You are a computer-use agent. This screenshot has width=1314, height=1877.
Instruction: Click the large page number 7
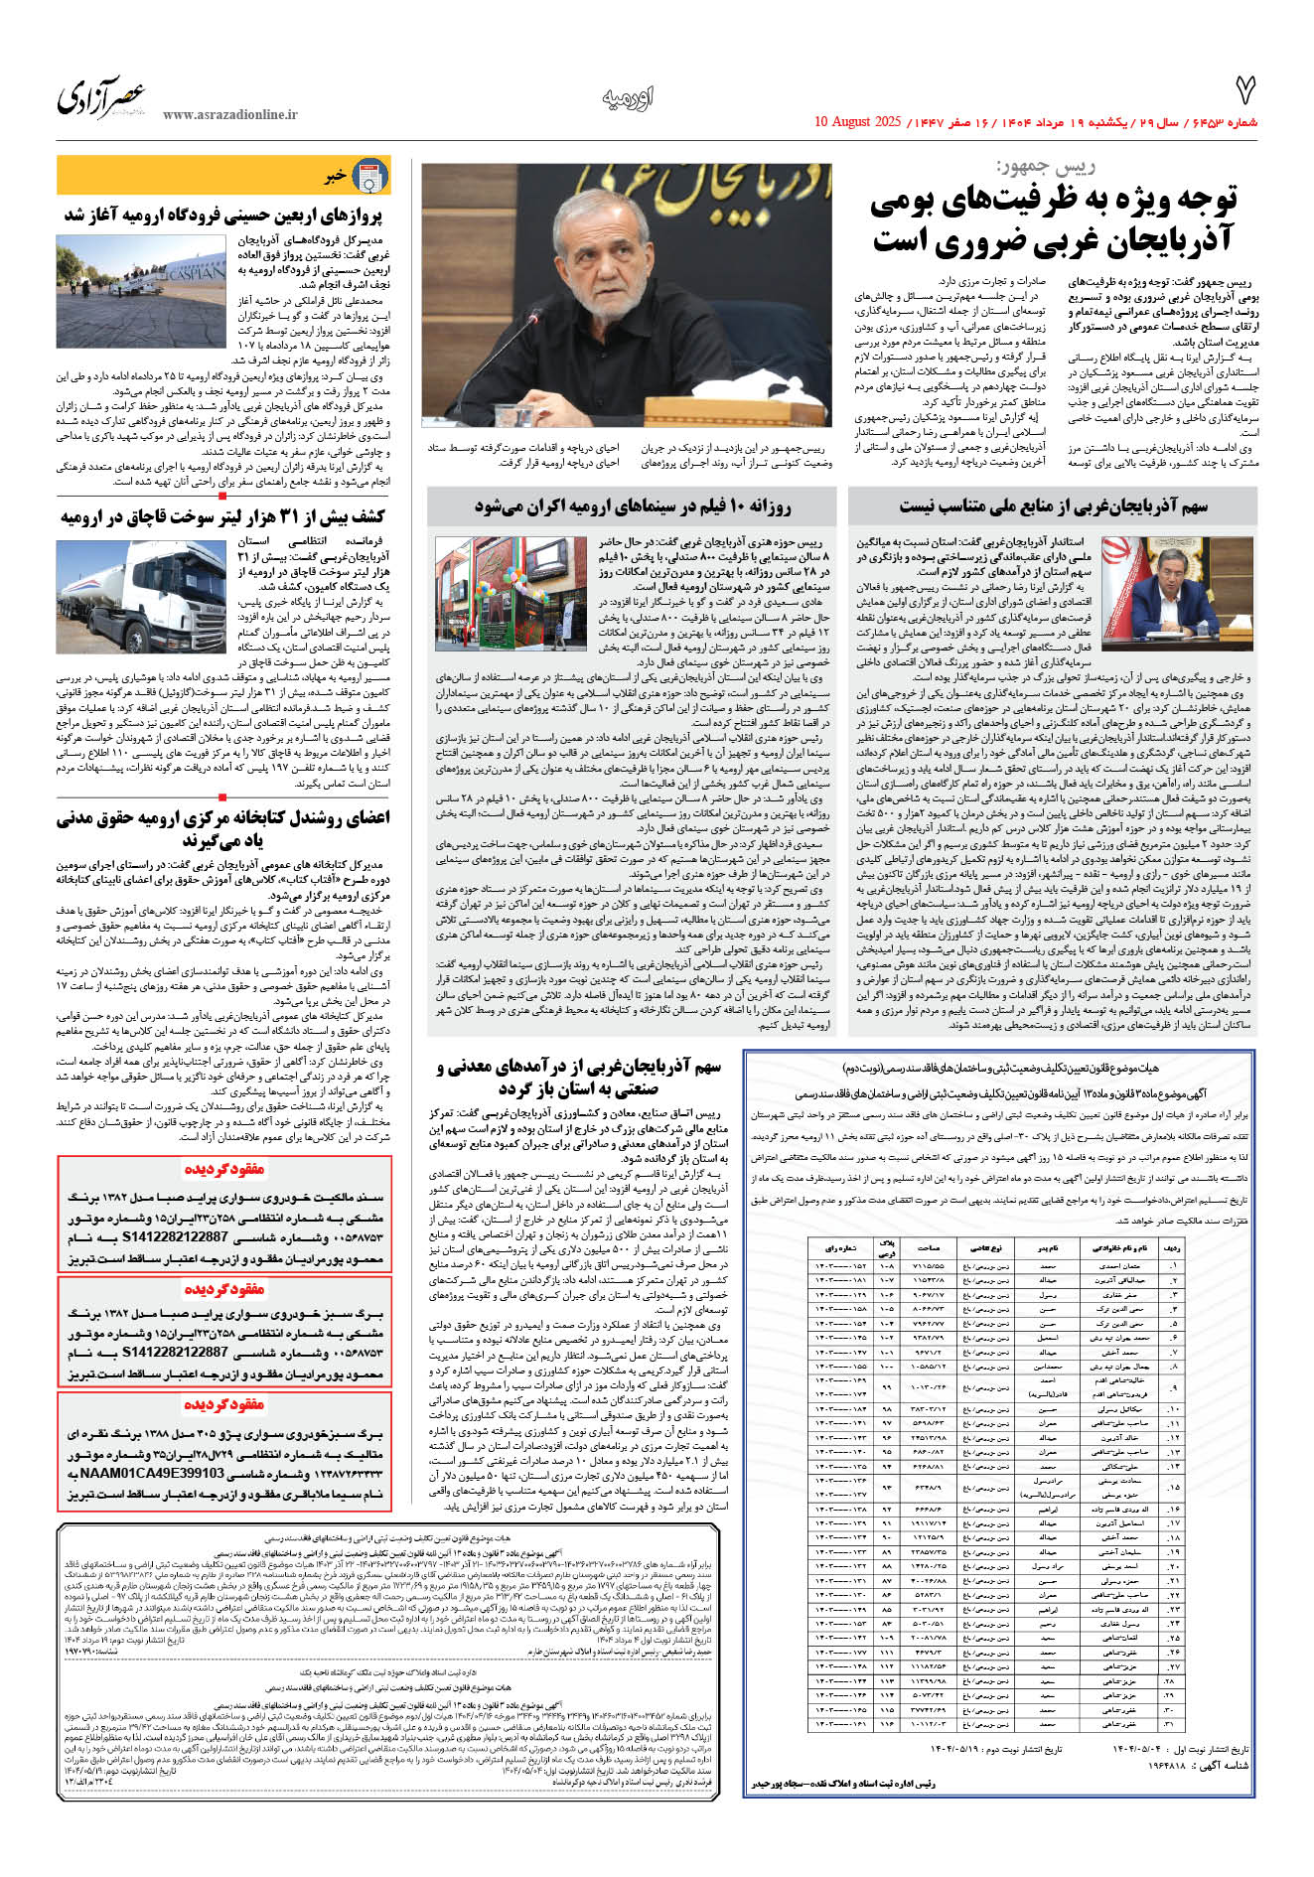[x=1244, y=91]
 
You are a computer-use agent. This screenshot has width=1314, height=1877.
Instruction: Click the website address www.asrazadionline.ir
[x=230, y=115]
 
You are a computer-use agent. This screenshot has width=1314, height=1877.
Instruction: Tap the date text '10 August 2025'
[x=857, y=122]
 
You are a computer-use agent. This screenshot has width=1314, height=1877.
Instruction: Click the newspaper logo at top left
[x=101, y=98]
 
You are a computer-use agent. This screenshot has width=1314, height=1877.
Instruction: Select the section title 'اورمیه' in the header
[x=628, y=97]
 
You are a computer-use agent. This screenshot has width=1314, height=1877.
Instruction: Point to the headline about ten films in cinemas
[x=633, y=506]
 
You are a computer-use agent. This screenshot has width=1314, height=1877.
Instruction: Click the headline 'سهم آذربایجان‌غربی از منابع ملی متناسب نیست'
[x=1053, y=506]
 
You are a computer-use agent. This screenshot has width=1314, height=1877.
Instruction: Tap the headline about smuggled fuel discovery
[x=222, y=516]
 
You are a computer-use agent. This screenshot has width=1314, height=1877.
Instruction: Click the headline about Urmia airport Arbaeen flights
[x=223, y=215]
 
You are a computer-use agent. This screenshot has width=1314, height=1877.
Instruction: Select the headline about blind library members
[x=223, y=828]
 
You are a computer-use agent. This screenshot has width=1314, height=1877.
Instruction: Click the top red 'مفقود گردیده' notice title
[x=224, y=1170]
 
